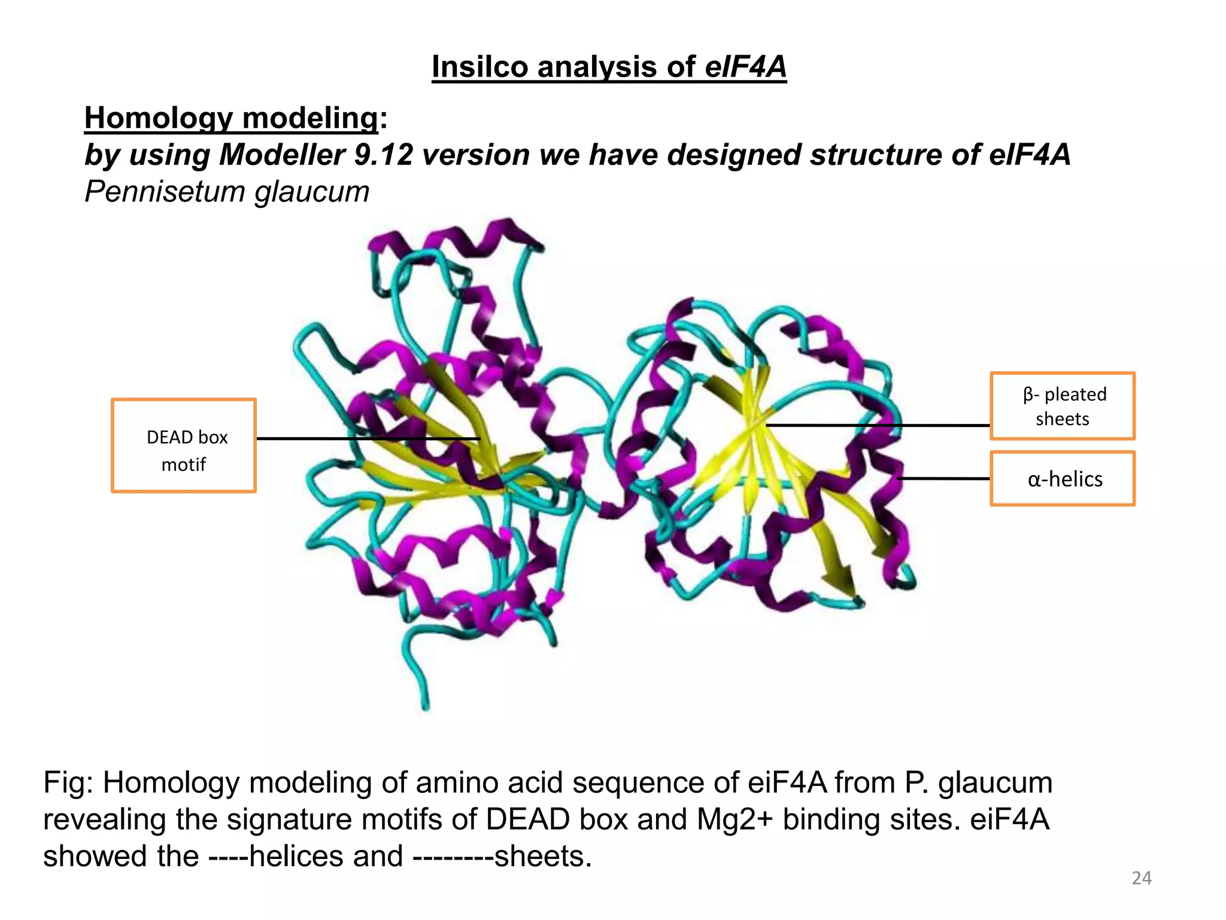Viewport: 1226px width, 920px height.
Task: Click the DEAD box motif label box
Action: coord(184,446)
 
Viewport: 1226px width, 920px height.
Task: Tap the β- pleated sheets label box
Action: coord(1063,406)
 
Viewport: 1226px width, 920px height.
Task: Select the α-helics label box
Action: coord(1063,479)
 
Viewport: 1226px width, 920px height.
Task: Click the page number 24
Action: coord(1142,878)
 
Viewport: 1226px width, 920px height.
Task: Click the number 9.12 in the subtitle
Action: coord(384,155)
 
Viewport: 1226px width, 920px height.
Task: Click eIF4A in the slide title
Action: coord(745,66)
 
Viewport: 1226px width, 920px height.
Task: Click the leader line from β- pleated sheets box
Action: coord(877,425)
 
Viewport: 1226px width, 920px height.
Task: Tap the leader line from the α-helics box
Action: coord(943,479)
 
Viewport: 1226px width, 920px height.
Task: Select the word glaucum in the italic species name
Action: coord(312,192)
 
